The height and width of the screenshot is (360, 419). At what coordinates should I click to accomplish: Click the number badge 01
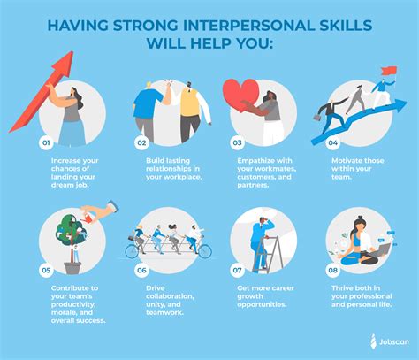pos(46,143)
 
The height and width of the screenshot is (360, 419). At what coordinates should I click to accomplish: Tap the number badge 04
pos(333,143)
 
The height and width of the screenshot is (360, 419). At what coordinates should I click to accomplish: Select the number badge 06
pos(141,271)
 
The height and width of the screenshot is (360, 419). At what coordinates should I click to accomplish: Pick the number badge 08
pos(333,271)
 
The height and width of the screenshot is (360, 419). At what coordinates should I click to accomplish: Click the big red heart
pos(240,95)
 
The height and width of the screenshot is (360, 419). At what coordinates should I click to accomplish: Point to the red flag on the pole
pos(389,71)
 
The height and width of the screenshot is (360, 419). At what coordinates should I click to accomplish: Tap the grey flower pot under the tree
pos(72,268)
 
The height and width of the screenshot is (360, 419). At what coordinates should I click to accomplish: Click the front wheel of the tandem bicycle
pos(204,251)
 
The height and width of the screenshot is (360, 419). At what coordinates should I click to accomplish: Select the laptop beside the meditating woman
pos(382,250)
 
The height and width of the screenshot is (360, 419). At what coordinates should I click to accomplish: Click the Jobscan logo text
pos(394,342)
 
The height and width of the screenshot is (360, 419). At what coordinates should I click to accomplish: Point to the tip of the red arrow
pos(72,51)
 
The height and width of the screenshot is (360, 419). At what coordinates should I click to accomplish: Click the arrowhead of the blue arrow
pos(400,105)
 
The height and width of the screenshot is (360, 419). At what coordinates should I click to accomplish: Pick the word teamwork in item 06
pos(164,312)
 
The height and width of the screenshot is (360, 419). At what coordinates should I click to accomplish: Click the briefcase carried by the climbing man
pos(317,118)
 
